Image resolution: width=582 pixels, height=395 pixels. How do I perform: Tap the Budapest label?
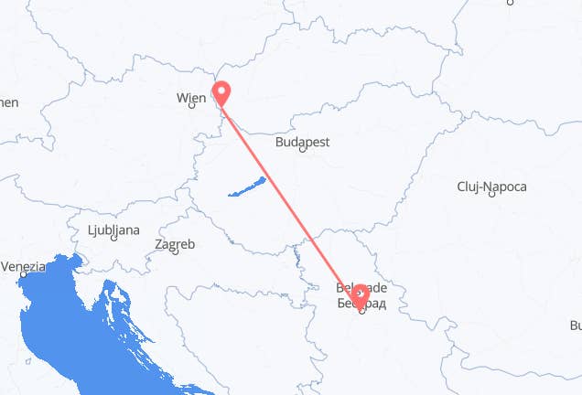click(306, 142)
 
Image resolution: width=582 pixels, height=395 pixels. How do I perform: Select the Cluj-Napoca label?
click(491, 187)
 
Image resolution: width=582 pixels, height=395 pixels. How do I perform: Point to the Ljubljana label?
click(113, 230)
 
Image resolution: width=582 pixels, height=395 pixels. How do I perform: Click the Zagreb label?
click(175, 244)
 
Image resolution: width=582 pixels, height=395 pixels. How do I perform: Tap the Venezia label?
click(23, 266)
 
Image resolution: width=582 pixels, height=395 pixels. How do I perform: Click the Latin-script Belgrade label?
click(361, 287)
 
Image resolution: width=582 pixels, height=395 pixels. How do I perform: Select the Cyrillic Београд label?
click(361, 301)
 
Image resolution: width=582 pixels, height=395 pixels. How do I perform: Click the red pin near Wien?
click(221, 91)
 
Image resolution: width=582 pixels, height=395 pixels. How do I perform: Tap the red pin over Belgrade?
click(361, 294)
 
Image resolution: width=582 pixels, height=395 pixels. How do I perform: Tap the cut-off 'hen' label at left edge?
click(8, 102)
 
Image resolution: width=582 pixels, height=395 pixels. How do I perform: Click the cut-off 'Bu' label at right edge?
click(575, 325)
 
